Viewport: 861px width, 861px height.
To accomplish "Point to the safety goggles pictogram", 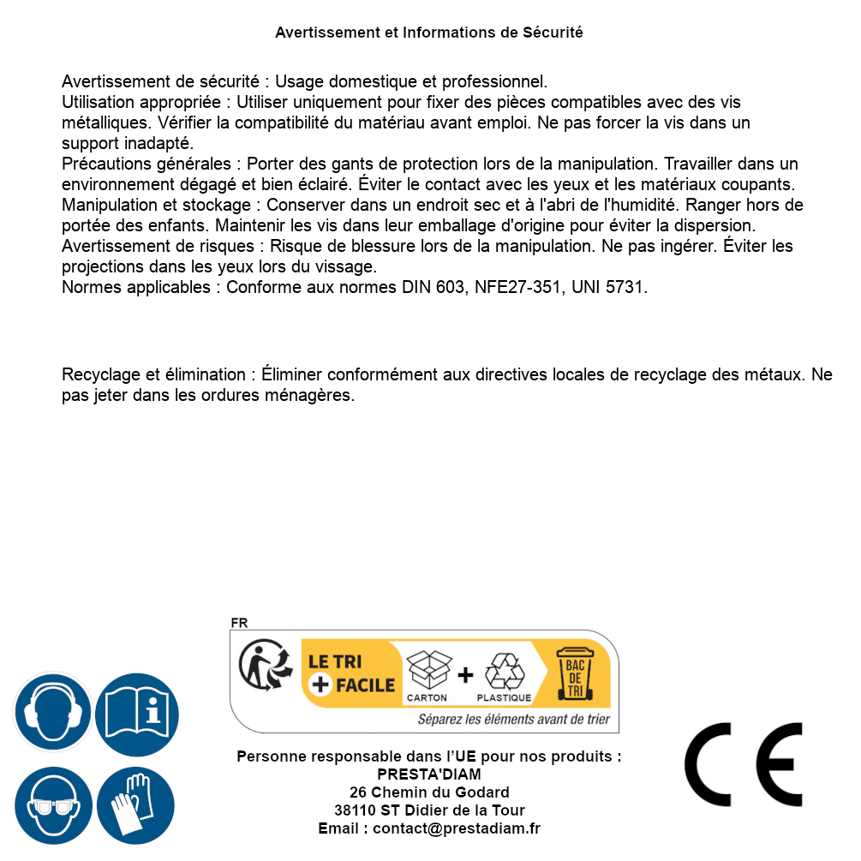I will [x=52, y=805].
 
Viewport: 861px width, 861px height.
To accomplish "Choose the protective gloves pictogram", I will [x=135, y=805].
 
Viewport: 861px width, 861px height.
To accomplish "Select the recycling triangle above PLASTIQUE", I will [x=504, y=672].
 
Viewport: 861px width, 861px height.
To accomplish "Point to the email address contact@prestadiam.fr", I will [x=457, y=828].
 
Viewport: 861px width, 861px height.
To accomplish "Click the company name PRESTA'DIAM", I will [x=429, y=774].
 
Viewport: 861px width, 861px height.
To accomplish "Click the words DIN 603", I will [x=433, y=287].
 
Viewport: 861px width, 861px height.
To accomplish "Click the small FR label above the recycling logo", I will [x=239, y=623].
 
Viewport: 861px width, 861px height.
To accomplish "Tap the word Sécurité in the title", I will [x=553, y=33].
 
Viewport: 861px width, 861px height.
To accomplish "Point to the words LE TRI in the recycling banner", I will [x=330, y=661].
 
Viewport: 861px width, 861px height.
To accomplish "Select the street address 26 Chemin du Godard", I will [x=429, y=792].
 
